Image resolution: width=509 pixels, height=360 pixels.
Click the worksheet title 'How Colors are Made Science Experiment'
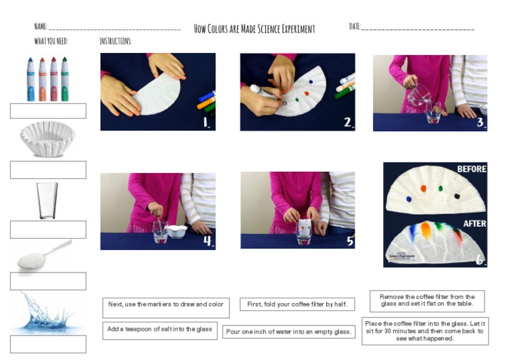tap(254, 29)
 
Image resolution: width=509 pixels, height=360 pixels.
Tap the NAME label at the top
tap(40, 27)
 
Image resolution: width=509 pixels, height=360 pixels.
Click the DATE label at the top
tap(355, 27)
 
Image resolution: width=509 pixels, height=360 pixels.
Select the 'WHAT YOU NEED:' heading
tap(51, 41)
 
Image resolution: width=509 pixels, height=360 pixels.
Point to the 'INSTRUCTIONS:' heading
tap(115, 41)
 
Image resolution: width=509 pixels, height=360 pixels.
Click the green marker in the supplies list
tap(65, 79)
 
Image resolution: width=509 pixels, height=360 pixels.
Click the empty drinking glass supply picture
tap(47, 200)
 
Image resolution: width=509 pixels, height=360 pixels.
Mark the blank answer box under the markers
tap(48, 111)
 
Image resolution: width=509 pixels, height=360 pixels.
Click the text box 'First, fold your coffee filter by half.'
tap(297, 304)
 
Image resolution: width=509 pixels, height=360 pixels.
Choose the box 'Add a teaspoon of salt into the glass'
tap(160, 330)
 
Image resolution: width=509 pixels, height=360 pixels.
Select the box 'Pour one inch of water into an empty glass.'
tap(289, 331)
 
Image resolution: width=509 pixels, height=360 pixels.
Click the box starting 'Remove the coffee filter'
tap(427, 301)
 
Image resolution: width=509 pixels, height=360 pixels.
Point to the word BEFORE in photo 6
tap(471, 169)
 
